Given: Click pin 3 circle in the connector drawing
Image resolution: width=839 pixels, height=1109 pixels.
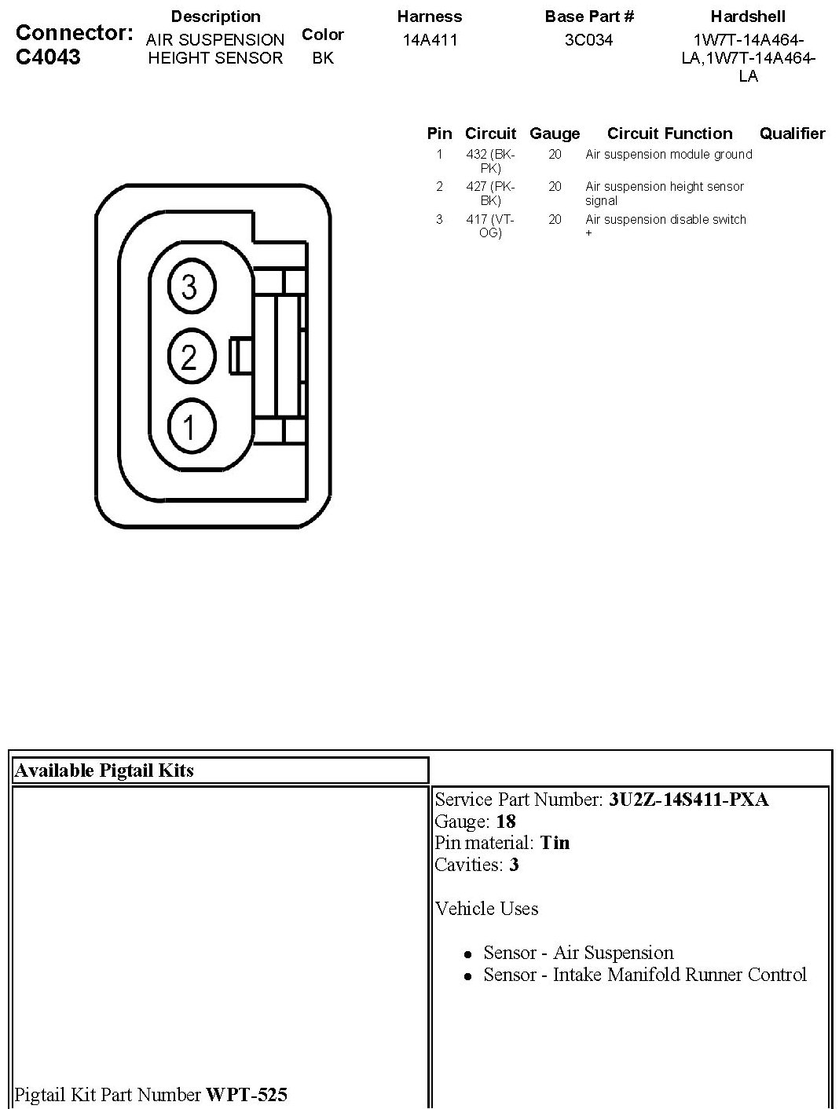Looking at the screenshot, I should (x=189, y=287).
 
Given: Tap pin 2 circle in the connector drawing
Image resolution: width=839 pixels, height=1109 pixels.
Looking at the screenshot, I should (x=189, y=357).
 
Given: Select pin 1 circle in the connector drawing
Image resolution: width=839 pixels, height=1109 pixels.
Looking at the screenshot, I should (x=189, y=427).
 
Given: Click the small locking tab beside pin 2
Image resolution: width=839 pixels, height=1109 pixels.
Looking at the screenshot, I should (x=239, y=356).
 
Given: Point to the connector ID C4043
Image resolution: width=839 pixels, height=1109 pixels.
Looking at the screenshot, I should (x=48, y=57).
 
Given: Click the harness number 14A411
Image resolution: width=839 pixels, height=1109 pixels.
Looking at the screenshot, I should (x=429, y=40).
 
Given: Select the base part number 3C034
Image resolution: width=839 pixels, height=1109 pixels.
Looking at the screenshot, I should (x=588, y=40).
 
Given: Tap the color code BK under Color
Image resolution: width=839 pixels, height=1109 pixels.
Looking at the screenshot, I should (x=323, y=58).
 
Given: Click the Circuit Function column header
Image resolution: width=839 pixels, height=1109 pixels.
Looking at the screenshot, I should (x=669, y=134).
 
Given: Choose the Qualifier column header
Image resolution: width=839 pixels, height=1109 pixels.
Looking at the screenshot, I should (x=792, y=134).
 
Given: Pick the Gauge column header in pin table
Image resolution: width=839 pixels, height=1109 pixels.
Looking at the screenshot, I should (x=555, y=134).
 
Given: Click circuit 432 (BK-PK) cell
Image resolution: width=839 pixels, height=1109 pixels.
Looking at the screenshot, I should (x=490, y=161).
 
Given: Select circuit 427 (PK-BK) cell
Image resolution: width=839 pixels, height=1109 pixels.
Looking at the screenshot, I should (x=490, y=193).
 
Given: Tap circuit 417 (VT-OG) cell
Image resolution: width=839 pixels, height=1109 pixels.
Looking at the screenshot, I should (x=490, y=226).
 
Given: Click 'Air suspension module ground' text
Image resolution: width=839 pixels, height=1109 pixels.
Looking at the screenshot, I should (x=669, y=155).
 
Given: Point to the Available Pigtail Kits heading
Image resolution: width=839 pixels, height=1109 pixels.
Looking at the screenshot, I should (x=104, y=770).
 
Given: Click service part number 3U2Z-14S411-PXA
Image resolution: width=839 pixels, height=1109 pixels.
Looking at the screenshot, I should (x=688, y=800).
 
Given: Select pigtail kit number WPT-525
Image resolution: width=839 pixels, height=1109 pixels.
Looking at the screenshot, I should (x=247, y=1094).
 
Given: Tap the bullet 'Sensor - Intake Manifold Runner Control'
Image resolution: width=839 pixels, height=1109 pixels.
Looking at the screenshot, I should (x=644, y=975).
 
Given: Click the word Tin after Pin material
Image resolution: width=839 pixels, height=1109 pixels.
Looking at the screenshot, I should (x=555, y=843).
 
